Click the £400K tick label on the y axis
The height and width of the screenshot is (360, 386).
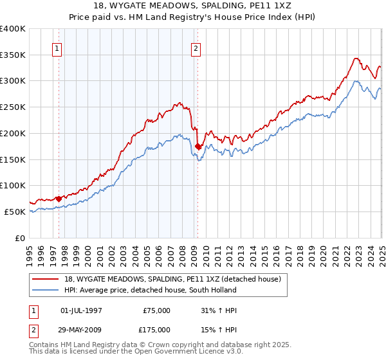[13, 29]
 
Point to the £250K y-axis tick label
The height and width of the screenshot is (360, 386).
[13, 107]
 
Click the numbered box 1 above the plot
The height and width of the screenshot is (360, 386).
[58, 48]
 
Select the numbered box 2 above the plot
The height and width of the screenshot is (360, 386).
[195, 48]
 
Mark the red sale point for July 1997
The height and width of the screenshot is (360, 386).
[59, 199]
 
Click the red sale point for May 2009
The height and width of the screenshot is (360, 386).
[198, 147]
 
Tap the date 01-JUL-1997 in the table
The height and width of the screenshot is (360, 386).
[80, 310]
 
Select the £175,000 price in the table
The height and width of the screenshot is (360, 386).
[156, 330]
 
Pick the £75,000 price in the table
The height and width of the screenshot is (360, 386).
[156, 310]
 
